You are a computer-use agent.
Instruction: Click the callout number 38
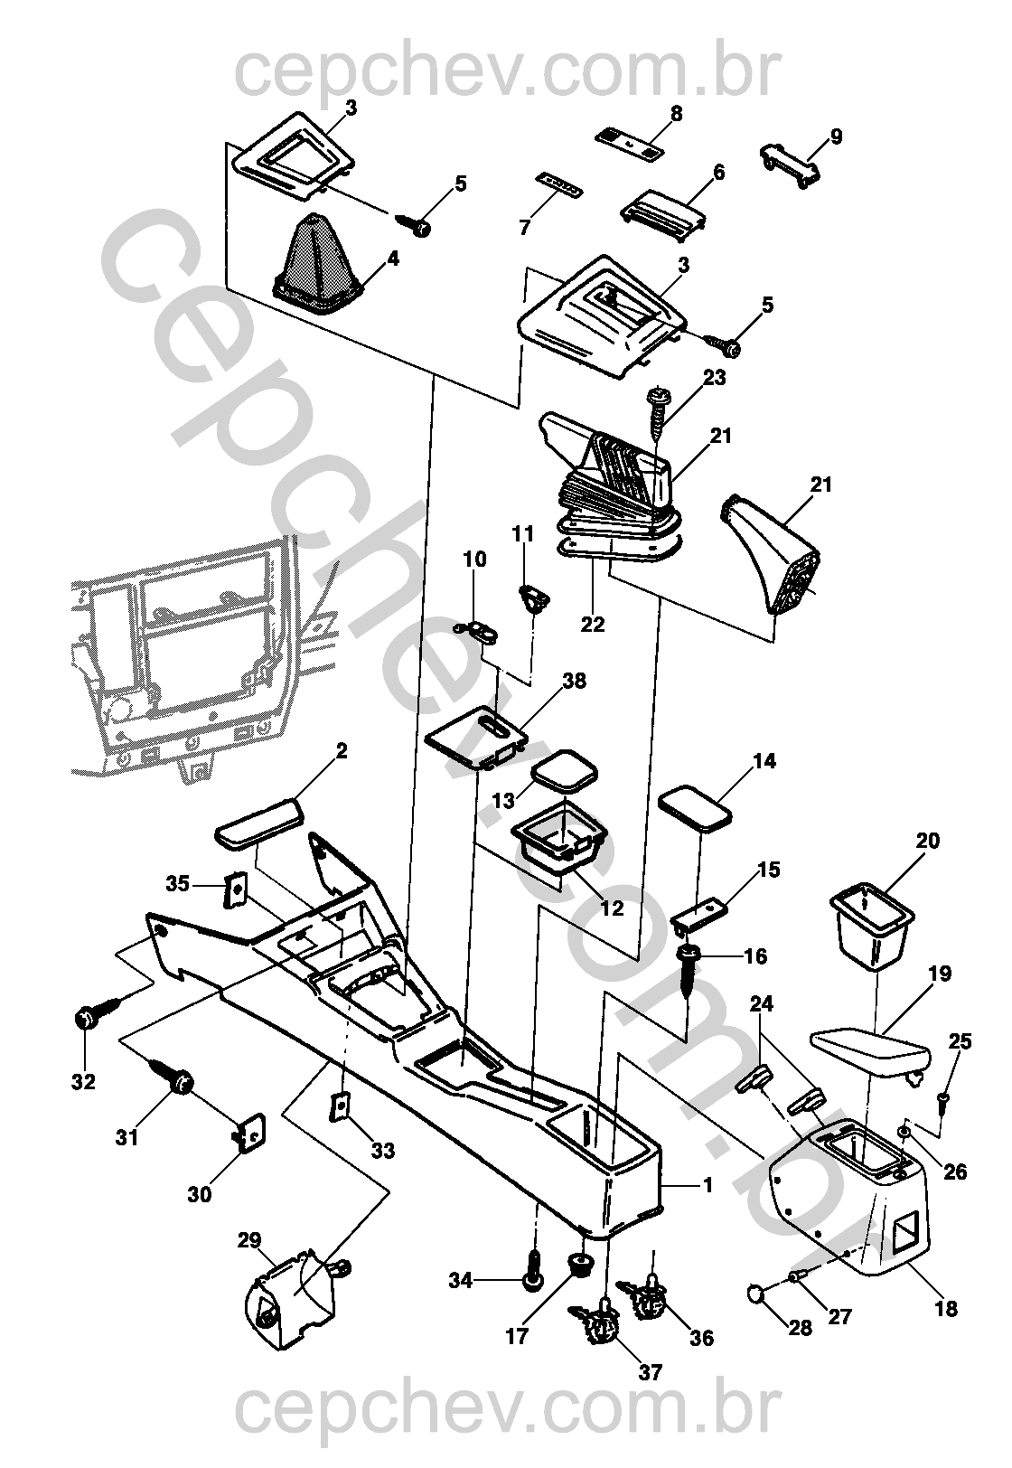574,681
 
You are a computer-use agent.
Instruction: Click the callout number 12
612,908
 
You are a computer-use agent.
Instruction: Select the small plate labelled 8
629,143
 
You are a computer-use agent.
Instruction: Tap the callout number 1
707,1184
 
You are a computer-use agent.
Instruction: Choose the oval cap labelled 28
757,1294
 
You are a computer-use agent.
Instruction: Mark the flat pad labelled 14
694,805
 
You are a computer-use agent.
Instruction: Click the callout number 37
651,1371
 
